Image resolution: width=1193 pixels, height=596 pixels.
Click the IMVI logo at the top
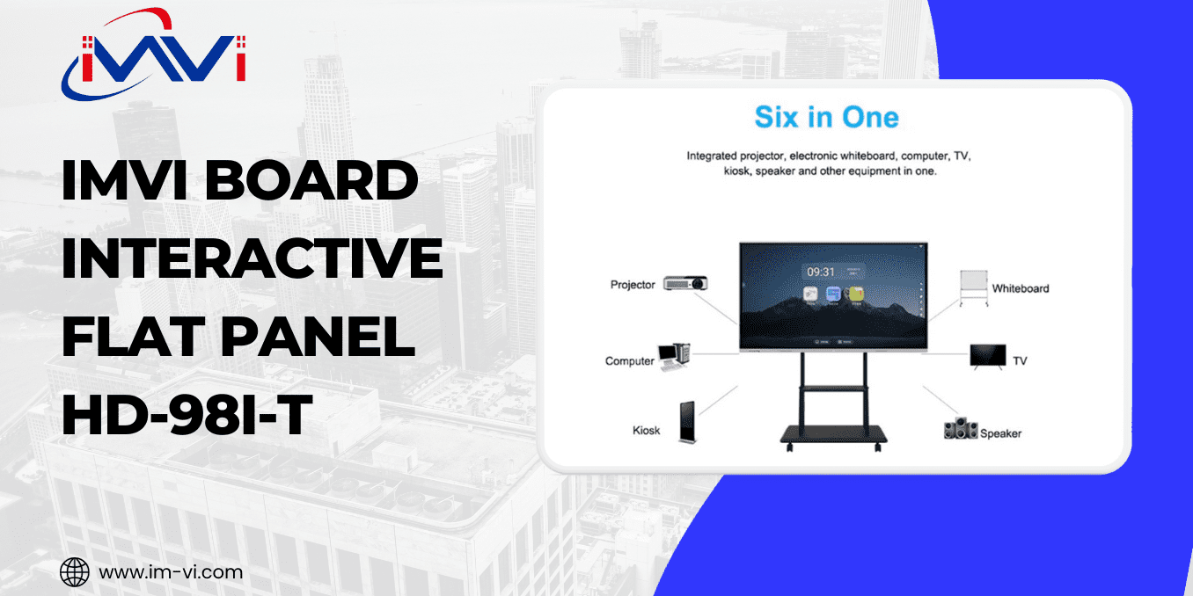point(154,55)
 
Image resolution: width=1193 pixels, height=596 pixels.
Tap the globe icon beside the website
point(75,572)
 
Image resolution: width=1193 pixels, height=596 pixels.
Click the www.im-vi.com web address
point(171,572)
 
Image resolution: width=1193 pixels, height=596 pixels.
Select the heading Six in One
point(826,117)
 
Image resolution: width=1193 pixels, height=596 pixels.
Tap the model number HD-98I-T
point(187,416)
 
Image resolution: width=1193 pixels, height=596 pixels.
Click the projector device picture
point(685,283)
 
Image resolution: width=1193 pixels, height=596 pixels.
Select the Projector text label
point(633,285)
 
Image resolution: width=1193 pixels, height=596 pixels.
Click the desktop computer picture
point(674,355)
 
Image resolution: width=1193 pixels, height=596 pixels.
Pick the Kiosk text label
point(646,431)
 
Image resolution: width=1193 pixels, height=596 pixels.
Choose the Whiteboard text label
point(1021,288)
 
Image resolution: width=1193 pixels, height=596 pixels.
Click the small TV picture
point(987,355)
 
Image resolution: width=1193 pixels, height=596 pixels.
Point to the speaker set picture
point(961,429)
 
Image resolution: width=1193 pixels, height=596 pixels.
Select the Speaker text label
point(1001,433)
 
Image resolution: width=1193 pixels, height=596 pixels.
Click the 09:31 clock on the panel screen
point(821,272)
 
